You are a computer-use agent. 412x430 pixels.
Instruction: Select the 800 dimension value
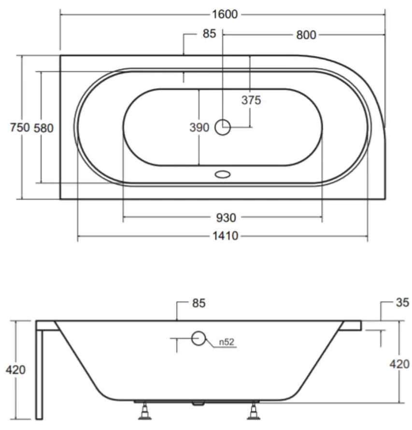[x=306, y=35]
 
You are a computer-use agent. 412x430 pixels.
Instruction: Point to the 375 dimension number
[x=251, y=100]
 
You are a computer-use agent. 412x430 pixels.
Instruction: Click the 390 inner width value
[x=199, y=127]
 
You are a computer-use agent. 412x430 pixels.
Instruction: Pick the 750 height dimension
[x=20, y=127]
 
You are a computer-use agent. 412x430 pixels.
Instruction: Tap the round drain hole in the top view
[x=222, y=127]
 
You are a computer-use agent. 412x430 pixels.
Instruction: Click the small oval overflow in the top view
[x=222, y=174]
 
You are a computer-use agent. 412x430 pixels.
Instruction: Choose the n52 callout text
[x=227, y=342]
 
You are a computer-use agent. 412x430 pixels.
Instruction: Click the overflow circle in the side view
[x=199, y=338]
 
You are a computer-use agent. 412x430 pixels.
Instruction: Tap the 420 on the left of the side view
[x=15, y=370]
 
